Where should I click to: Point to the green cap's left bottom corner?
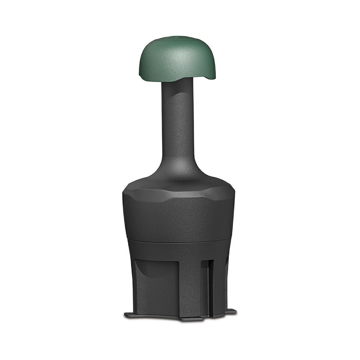140,75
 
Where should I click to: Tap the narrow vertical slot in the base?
211,284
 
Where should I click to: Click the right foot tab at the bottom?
230,311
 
